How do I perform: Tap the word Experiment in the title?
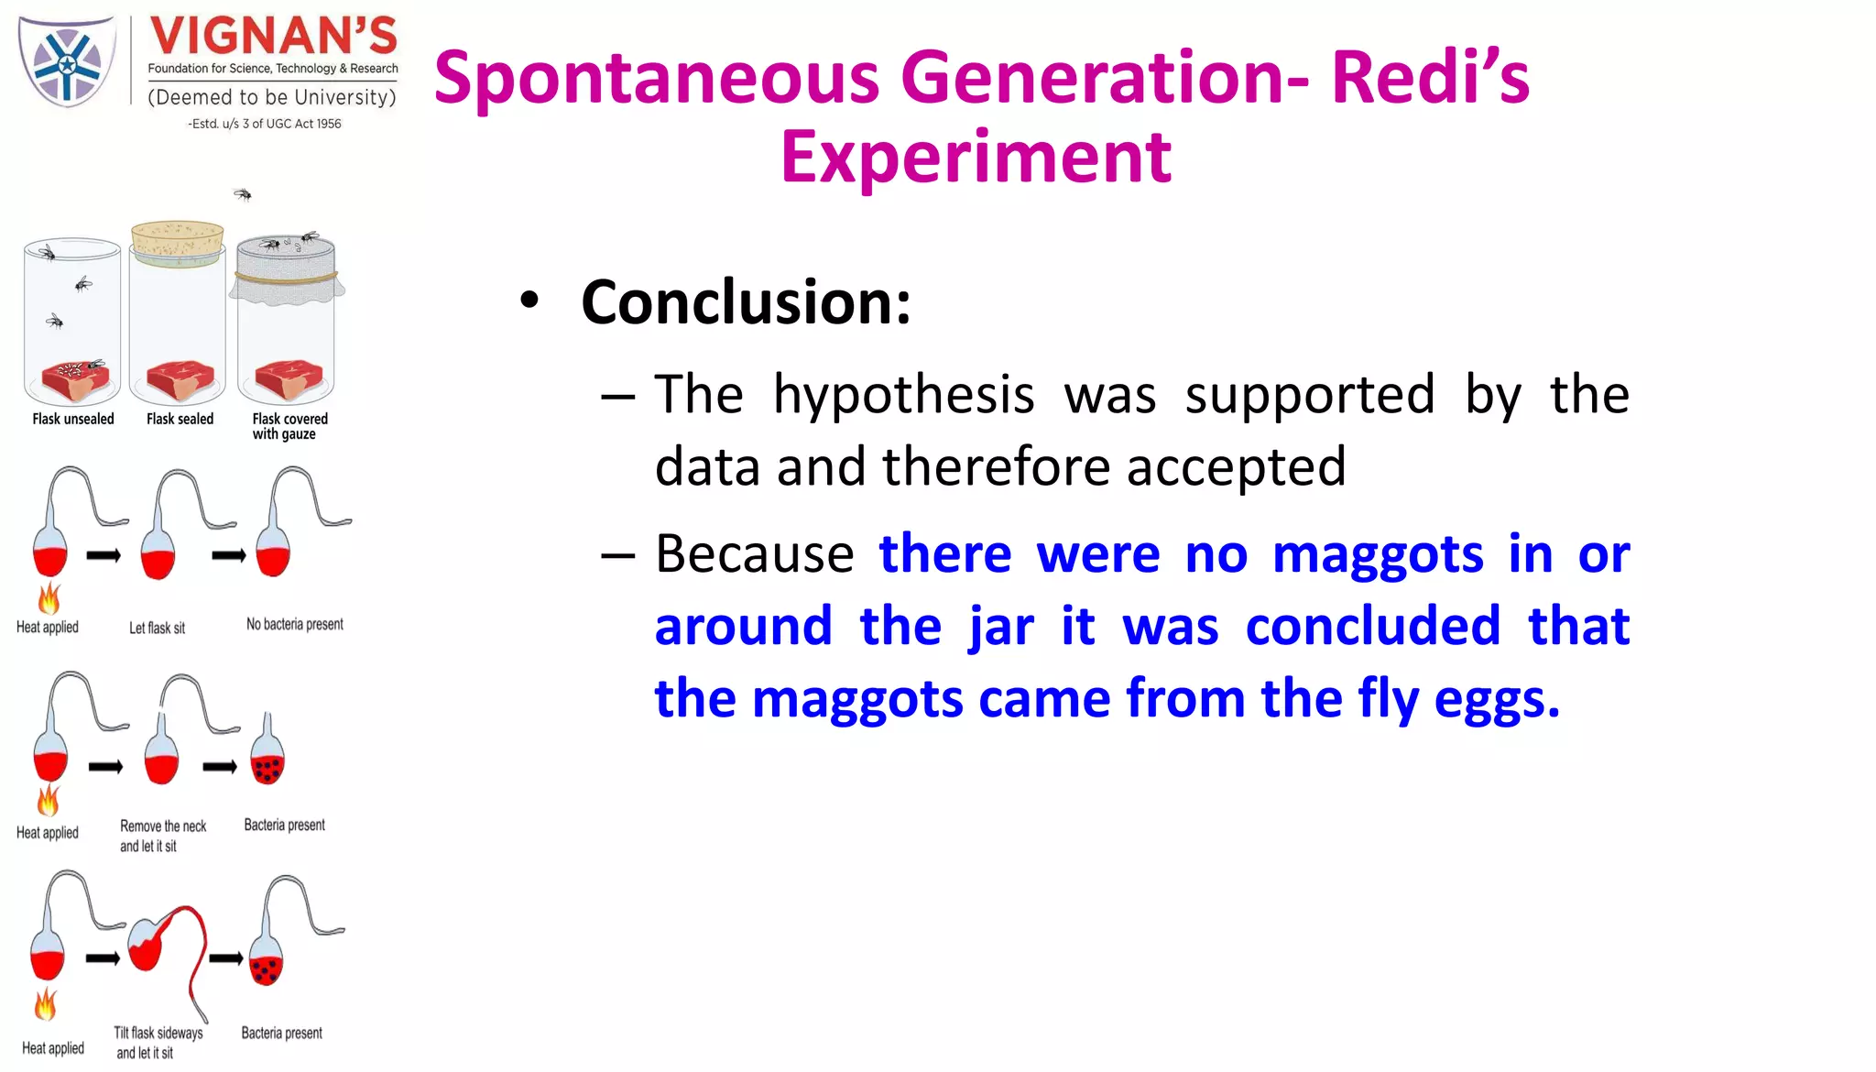coord(976,158)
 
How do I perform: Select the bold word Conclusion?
coord(746,301)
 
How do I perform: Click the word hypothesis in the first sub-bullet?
coord(903,395)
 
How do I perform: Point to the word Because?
coord(754,554)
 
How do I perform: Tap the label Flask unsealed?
coord(73,419)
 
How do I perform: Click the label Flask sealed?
coord(180,419)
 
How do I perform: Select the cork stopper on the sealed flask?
coord(178,239)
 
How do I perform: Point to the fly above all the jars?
coord(243,194)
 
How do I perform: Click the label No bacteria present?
coord(294,624)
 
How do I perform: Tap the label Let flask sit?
coord(157,628)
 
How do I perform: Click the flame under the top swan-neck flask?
coord(49,599)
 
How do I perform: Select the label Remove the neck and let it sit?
coord(162,836)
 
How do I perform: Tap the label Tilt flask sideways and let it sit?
coord(158,1043)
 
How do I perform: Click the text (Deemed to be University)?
coord(272,97)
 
